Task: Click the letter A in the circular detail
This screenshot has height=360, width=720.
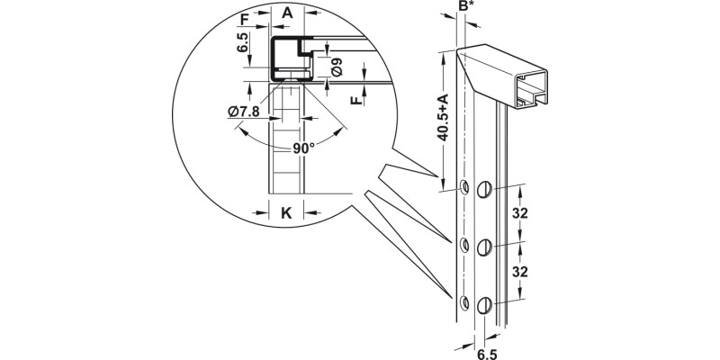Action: coord(287,13)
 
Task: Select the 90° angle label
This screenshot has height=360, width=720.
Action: coord(303,148)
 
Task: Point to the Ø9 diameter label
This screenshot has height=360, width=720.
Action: coord(336,66)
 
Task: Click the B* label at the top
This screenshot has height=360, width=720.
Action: coord(465,6)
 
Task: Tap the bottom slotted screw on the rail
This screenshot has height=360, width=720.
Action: coord(485,304)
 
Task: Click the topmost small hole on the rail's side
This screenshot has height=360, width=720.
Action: coord(463,187)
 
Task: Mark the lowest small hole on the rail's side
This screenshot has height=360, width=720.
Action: coord(463,301)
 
